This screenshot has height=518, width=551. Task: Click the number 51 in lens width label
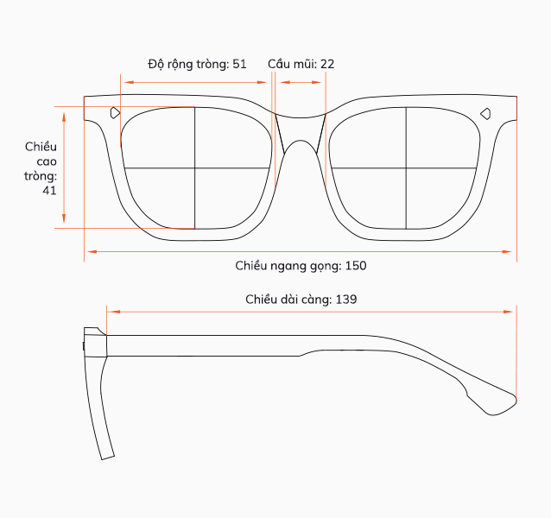click(x=239, y=64)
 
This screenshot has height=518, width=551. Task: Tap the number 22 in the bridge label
click(x=327, y=64)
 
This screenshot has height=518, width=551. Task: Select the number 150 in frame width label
click(x=356, y=266)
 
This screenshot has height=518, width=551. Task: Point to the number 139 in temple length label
click(x=346, y=300)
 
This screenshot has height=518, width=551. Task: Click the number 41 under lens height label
click(x=49, y=190)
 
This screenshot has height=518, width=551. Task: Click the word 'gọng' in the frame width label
click(x=326, y=266)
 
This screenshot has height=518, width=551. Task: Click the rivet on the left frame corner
click(x=115, y=113)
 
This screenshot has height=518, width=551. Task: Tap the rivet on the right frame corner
click(x=485, y=113)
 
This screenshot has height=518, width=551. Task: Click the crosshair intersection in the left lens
click(x=194, y=168)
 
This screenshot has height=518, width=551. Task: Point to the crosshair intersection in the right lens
click(x=406, y=168)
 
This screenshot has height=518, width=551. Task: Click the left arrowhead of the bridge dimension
click(x=285, y=82)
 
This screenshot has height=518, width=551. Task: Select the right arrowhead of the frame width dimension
click(x=507, y=251)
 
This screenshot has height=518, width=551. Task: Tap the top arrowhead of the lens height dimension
click(x=64, y=117)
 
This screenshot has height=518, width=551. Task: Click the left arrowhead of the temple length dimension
click(x=113, y=312)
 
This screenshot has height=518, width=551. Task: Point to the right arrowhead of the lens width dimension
click(x=262, y=82)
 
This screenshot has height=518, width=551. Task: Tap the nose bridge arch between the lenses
click(x=300, y=141)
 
